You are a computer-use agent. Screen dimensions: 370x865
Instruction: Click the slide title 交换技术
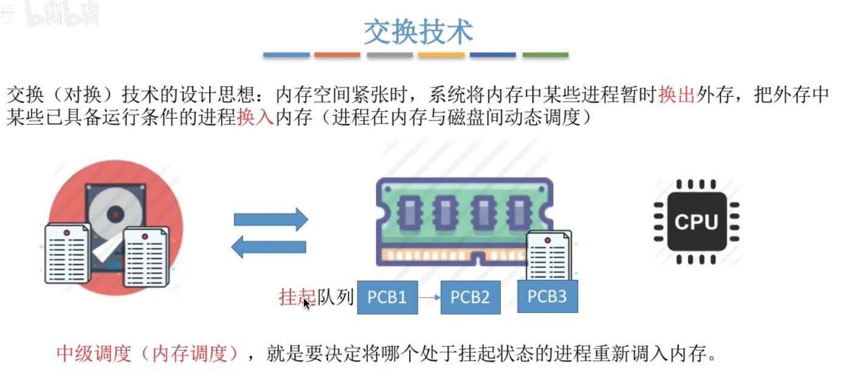point(418,31)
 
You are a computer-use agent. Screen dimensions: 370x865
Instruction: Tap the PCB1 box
point(387,297)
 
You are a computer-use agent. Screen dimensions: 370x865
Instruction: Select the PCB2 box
point(470,297)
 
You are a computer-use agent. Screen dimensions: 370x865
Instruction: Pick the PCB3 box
point(547,296)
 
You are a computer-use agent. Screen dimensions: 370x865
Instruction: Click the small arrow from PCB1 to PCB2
point(429,298)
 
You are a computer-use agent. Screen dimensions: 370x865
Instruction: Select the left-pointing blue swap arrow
point(269,246)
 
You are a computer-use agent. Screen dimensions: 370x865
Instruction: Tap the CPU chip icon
point(696,222)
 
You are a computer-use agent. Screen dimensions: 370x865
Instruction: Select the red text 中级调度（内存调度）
point(148,353)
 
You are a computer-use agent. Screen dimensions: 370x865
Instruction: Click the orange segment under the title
point(337,55)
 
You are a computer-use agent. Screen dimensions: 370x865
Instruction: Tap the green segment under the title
point(545,55)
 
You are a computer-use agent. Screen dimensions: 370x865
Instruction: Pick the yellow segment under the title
point(441,55)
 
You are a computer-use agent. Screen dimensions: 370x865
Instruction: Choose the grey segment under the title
point(390,55)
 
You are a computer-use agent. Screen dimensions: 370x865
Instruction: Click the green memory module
point(462,219)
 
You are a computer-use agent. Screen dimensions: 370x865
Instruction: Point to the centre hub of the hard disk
point(115,214)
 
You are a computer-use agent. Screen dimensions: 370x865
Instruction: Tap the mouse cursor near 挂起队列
point(306,303)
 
